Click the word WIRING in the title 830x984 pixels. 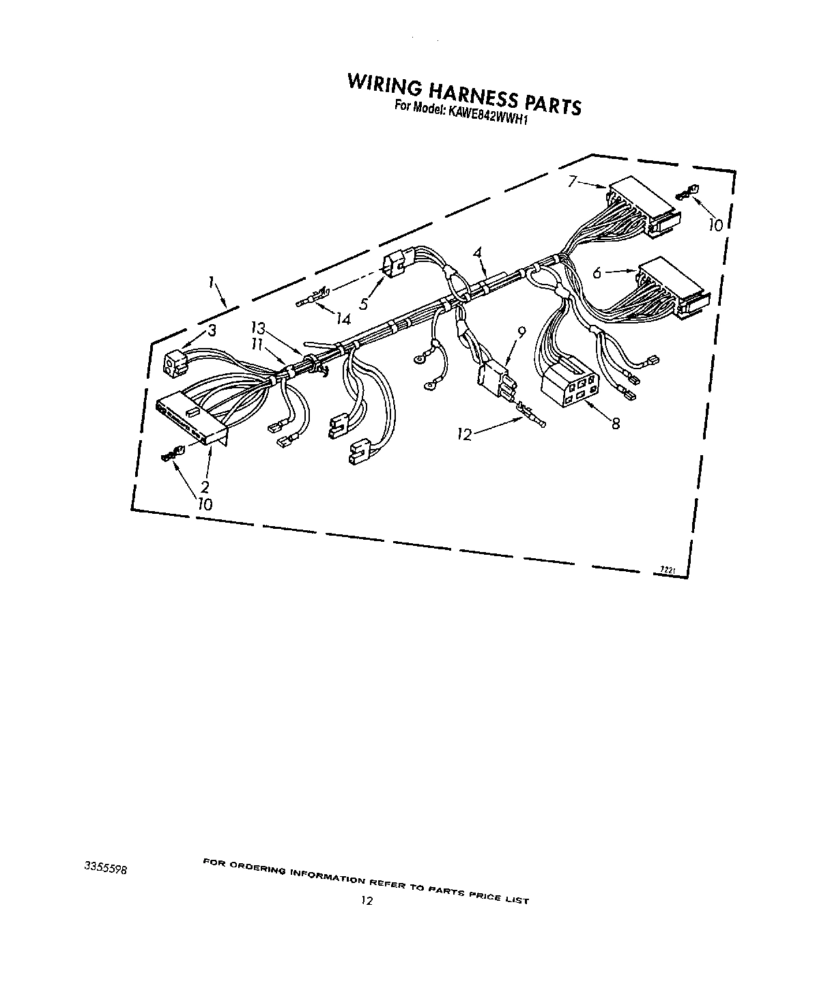pyautogui.click(x=384, y=84)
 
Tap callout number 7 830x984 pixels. pyautogui.click(x=573, y=181)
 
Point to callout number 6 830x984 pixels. pyautogui.click(x=597, y=272)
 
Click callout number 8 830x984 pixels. pyautogui.click(x=616, y=424)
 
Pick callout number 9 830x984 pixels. pyautogui.click(x=522, y=333)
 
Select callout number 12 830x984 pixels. pyautogui.click(x=466, y=434)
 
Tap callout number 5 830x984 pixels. pyautogui.click(x=364, y=304)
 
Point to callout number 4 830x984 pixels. pyautogui.click(x=478, y=253)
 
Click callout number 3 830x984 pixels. pyautogui.click(x=212, y=331)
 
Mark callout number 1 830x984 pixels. pyautogui.click(x=212, y=281)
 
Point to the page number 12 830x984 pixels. pyautogui.click(x=367, y=901)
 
